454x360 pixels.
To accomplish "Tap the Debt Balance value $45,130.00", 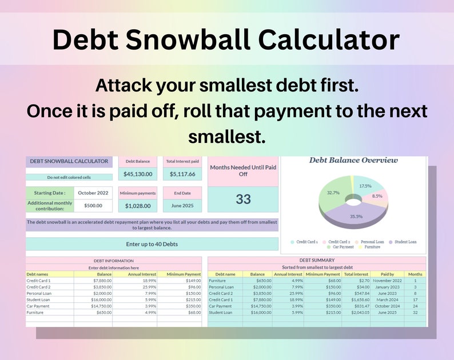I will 138,174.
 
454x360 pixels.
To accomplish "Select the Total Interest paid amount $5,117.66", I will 182,174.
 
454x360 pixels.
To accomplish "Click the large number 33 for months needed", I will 243,199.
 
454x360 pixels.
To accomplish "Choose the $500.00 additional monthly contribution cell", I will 93,206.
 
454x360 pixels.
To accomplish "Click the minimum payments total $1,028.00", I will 138,206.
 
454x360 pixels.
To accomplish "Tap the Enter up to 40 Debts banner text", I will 152,244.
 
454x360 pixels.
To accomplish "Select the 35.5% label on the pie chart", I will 356,217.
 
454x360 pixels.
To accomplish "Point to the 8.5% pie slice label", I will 377,196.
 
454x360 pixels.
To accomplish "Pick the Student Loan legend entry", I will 404,242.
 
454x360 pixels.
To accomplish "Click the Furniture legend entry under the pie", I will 372,247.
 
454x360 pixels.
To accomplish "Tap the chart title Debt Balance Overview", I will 353,161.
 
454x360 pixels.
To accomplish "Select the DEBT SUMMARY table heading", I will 317,261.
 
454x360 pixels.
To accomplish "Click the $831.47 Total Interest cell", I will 356,306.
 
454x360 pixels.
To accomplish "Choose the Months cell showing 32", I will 416,313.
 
